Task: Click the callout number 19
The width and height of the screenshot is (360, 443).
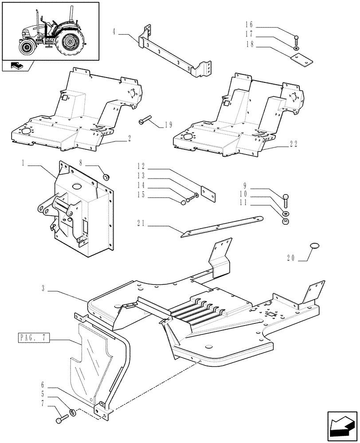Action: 168,125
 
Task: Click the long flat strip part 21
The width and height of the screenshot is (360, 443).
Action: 222,225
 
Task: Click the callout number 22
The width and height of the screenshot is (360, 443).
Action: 293,144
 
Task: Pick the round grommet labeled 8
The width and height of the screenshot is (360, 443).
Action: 106,178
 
